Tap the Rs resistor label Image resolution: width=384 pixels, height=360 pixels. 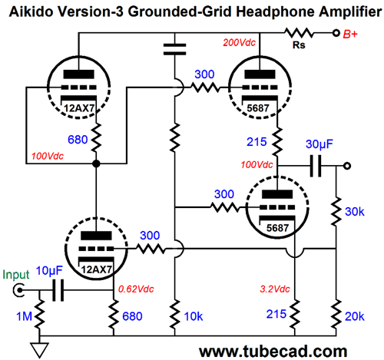click(301, 47)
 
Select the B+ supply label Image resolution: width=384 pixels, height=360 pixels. click(357, 34)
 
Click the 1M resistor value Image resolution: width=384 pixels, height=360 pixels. click(12, 315)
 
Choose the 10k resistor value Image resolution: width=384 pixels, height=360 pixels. click(195, 315)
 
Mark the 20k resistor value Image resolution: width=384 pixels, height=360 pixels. click(356, 315)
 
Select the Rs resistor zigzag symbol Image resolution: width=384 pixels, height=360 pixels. click(300, 33)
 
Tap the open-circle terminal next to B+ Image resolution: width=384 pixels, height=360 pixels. click(337, 33)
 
